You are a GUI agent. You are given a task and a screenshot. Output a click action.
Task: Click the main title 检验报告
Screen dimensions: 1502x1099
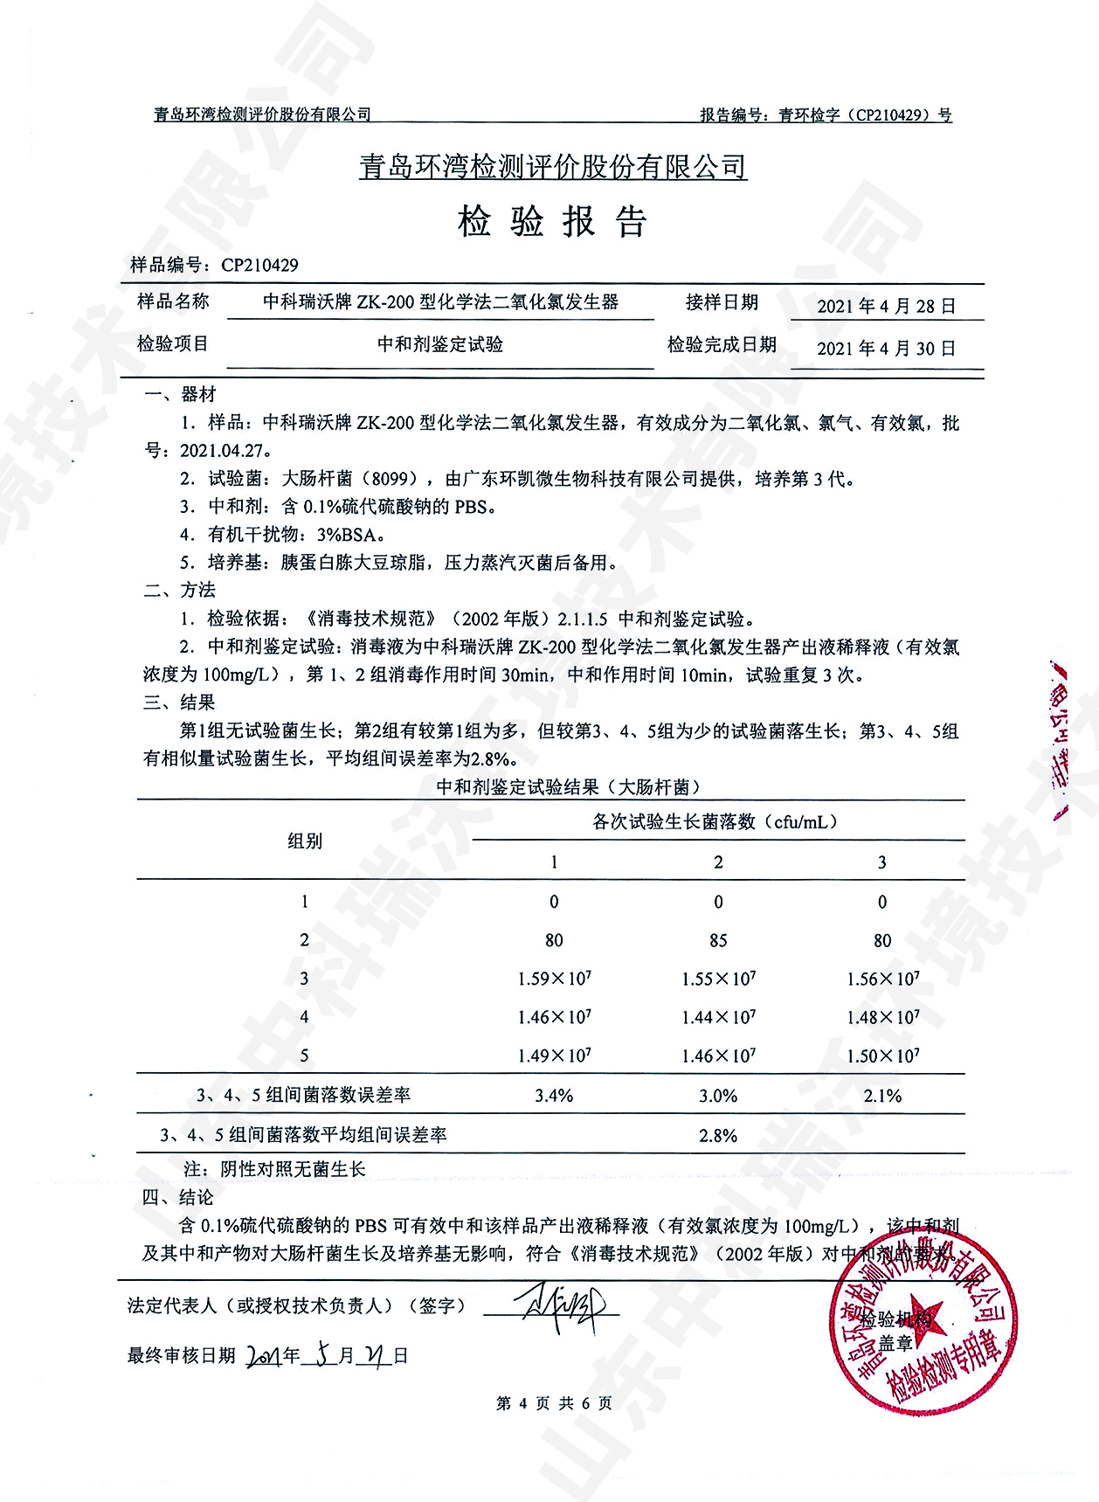tap(551, 222)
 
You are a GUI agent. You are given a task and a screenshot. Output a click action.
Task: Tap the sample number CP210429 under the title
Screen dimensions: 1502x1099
tap(259, 265)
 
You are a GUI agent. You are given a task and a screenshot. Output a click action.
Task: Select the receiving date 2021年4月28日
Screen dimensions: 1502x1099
tap(886, 306)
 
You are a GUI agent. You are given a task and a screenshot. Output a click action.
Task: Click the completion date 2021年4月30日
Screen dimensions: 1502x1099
tap(886, 348)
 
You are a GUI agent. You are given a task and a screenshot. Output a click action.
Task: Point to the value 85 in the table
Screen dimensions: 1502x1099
tap(718, 940)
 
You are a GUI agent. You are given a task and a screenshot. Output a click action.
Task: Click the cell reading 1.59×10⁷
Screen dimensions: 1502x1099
tap(554, 979)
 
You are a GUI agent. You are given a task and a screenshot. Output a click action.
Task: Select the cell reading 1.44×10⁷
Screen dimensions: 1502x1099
tap(718, 1017)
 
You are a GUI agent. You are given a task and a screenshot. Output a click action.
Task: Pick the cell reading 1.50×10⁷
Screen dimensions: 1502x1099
tap(882, 1056)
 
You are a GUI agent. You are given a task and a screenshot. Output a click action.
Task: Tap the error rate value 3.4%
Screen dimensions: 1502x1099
tap(554, 1096)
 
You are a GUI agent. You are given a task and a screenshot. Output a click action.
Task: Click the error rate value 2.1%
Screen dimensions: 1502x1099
tap(882, 1096)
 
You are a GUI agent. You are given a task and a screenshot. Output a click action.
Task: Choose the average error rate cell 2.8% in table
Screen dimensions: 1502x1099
tap(718, 1135)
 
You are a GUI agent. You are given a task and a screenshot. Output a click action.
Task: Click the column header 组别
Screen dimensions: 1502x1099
tap(305, 841)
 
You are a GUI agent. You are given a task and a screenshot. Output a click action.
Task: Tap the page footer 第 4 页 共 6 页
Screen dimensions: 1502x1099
tap(554, 1403)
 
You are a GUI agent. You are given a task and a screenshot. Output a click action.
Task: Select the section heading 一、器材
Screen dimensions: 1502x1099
tap(180, 394)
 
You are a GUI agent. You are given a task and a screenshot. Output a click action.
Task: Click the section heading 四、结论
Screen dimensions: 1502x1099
tap(178, 1197)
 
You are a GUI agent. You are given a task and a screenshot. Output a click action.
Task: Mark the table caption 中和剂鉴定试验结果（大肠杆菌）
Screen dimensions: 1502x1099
tap(569, 786)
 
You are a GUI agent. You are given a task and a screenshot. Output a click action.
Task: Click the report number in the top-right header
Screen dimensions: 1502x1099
tap(826, 114)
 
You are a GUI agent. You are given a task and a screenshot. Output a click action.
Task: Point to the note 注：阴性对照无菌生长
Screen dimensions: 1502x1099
tap(274, 1169)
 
